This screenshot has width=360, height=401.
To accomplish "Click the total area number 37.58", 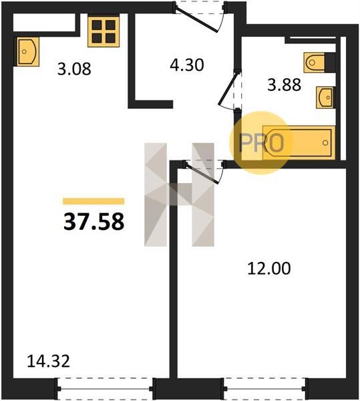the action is point(94,221).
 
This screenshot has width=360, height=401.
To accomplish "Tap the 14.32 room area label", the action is point(48,362).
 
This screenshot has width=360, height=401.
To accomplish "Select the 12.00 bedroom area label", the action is point(269,269).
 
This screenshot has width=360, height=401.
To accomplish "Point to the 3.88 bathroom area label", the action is point(284,85).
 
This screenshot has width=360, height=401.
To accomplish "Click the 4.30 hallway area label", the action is point(187,65).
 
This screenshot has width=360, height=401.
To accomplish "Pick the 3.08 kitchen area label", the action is point(74,69).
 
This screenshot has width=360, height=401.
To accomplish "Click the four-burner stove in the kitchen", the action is point(104,31).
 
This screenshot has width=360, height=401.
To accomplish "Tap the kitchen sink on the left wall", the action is point(28,51).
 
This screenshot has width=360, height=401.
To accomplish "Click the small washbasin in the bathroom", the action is point(325,98).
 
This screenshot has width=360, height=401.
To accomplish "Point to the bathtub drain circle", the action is point(325,143).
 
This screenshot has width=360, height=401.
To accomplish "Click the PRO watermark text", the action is point(261,143).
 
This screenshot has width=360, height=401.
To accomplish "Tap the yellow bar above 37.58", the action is point(94,201).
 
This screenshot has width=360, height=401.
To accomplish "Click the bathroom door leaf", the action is point(228,88).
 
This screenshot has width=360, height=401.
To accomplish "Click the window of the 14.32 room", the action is point(105,389).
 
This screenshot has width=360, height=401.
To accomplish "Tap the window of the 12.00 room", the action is point(264,389).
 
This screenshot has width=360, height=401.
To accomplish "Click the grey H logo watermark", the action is point(179,194).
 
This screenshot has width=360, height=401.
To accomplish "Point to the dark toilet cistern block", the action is point(330,62).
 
